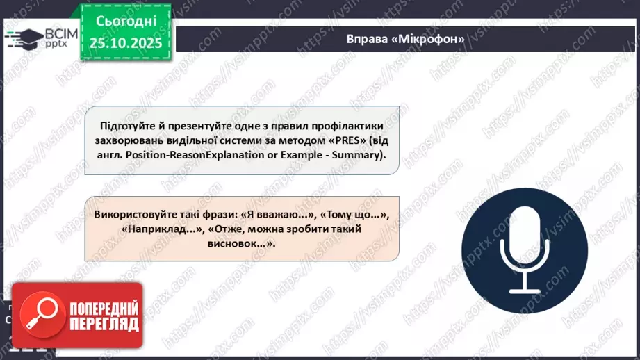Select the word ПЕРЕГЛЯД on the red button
(103, 324)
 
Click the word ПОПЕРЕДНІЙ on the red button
(103, 309)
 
